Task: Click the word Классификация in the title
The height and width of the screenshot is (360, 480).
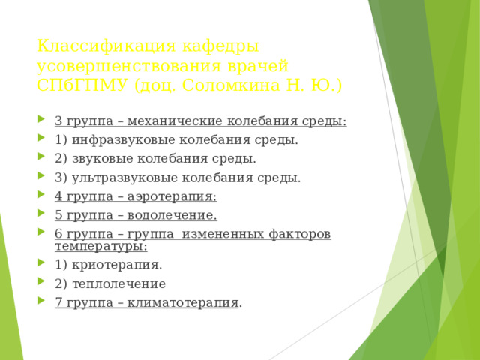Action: tap(94, 46)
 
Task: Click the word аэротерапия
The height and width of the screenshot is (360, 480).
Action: tap(174, 196)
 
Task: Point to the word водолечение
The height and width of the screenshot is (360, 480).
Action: tap(174, 216)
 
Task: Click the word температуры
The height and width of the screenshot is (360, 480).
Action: tap(100, 245)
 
